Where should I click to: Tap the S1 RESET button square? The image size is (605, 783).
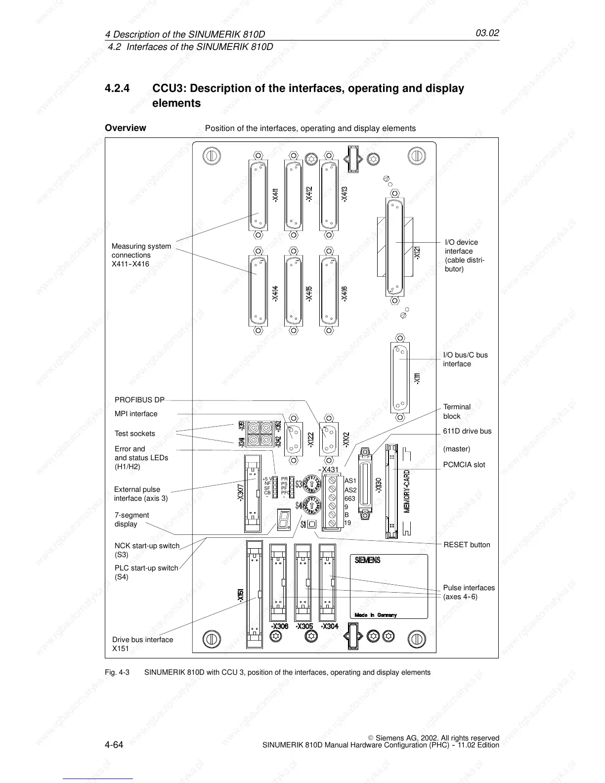pos(312,524)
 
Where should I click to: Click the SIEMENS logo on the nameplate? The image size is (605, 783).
pos(368,560)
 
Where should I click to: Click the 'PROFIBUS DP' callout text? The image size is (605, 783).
pos(139,400)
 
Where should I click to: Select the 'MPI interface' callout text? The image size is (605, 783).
pos(136,414)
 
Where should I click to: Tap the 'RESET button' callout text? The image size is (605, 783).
pos(467,545)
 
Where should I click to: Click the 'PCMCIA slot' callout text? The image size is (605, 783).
pos(464,465)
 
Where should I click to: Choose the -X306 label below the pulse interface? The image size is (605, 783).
pos(280,626)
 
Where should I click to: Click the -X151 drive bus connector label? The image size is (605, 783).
pos(240,595)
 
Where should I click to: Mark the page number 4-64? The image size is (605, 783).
pos(114,744)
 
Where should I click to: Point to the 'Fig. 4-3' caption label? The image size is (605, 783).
pos(117,672)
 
